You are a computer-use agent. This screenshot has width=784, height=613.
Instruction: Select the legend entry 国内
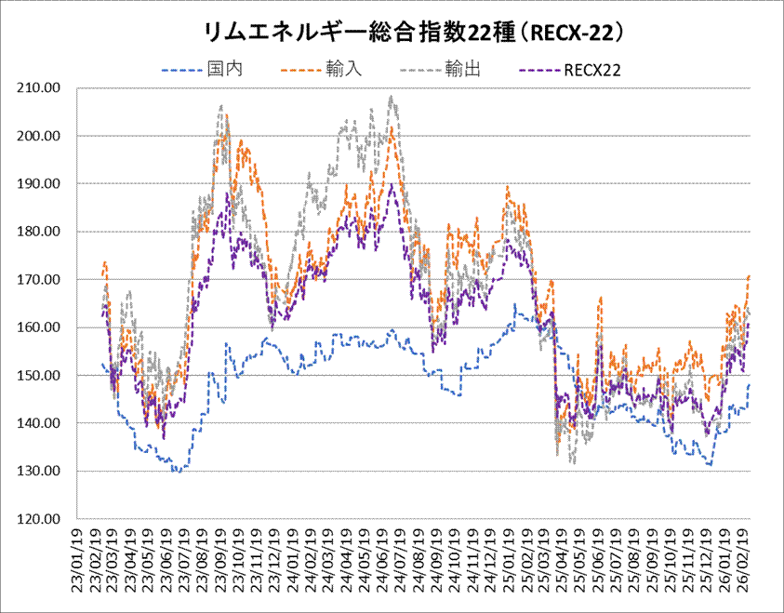point(220,69)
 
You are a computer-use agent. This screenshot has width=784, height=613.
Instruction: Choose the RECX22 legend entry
point(591,69)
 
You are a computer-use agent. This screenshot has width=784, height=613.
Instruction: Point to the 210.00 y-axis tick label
point(40,88)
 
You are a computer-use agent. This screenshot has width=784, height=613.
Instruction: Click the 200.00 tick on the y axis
point(40,136)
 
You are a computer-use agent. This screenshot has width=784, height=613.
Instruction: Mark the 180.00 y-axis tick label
point(40,232)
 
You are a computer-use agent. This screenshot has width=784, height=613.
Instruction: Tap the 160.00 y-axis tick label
point(40,327)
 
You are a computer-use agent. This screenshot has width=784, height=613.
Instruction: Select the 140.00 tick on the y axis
point(40,423)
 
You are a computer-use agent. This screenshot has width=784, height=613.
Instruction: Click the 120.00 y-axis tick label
point(40,519)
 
